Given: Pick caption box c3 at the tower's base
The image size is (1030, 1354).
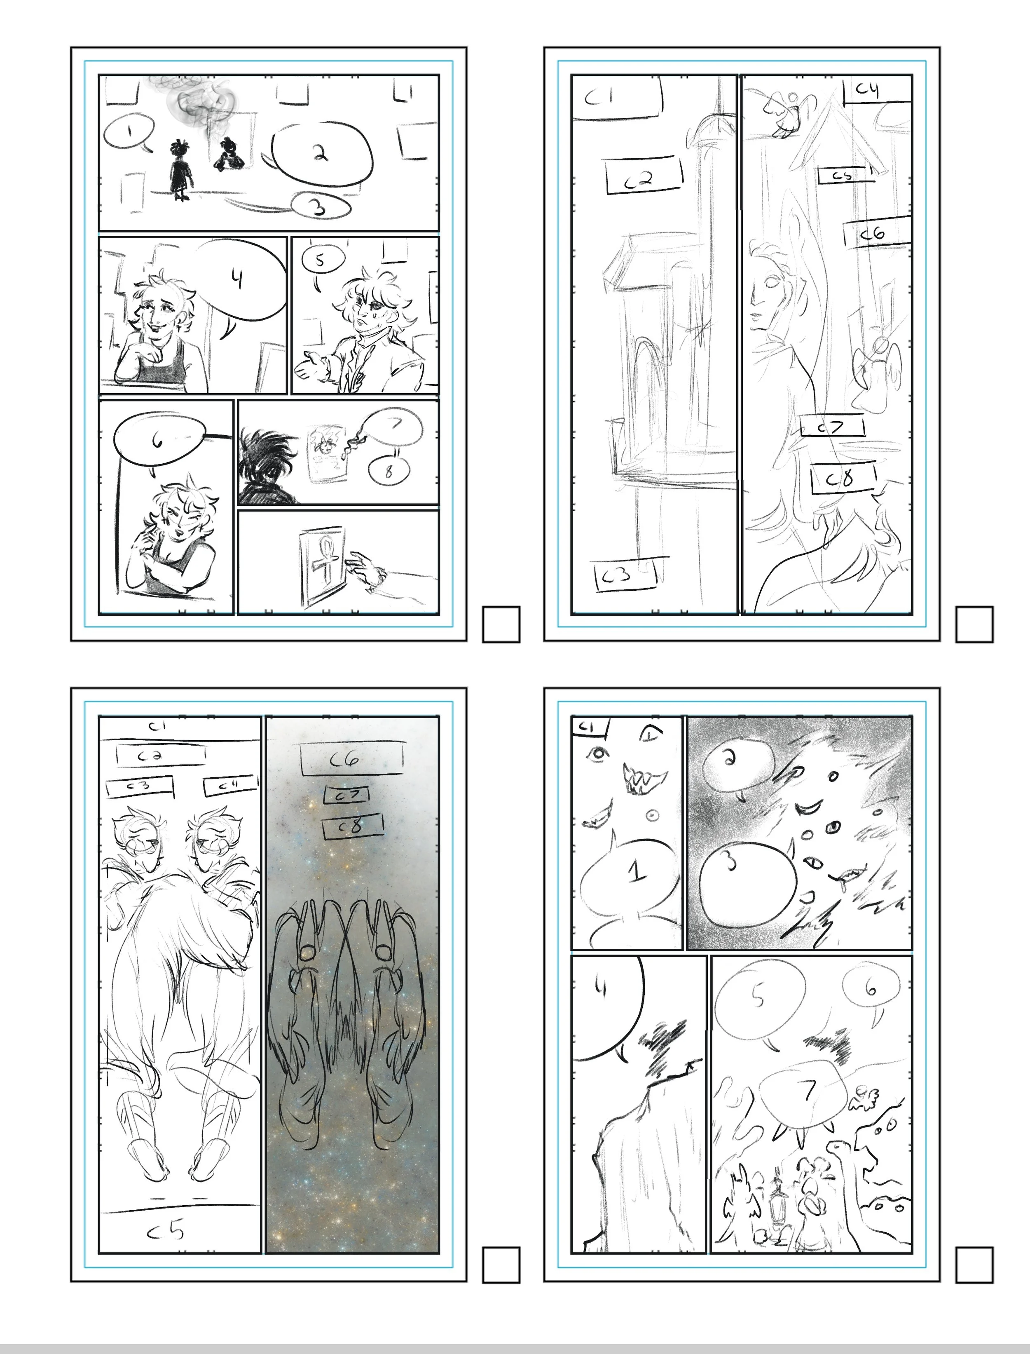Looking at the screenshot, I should pos(625,575).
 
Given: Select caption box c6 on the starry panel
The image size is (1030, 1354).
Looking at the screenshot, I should pos(351,760).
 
